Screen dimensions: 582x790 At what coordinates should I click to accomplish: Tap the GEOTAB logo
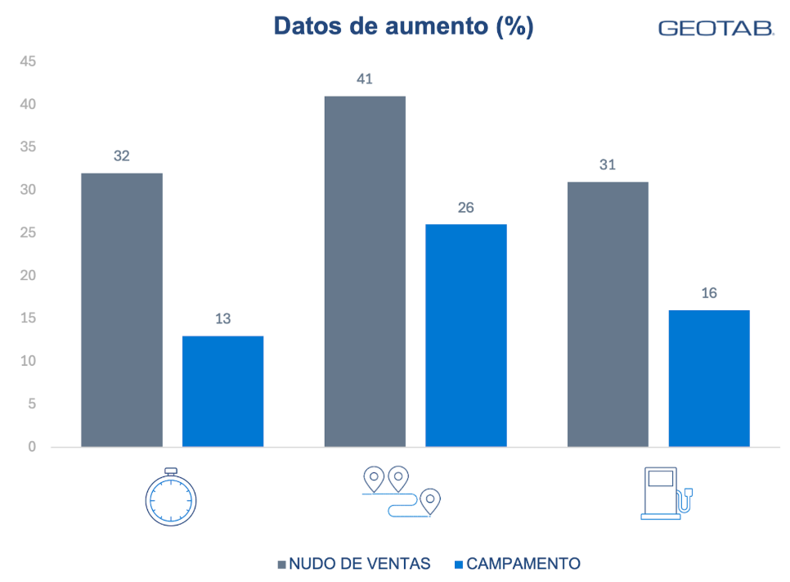click(x=716, y=29)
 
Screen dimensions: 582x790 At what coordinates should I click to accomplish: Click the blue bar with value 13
click(x=222, y=391)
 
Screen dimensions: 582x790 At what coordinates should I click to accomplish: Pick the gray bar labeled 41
click(x=365, y=271)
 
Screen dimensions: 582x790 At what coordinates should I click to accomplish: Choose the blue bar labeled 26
click(x=465, y=336)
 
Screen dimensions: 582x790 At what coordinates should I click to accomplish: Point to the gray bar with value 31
click(x=608, y=314)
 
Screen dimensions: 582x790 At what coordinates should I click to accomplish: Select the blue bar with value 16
click(x=709, y=378)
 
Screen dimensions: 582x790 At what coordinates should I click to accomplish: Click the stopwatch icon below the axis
click(x=171, y=497)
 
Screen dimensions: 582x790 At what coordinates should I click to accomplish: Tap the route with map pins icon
click(x=401, y=491)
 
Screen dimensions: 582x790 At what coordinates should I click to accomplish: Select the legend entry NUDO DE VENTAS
click(x=354, y=564)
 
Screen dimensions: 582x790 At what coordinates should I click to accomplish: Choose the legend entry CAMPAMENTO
click(x=517, y=564)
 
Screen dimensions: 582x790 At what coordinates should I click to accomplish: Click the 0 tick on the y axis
click(x=32, y=447)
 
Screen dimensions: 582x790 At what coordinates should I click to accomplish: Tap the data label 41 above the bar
click(x=365, y=79)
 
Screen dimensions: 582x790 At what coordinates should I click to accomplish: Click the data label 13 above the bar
click(x=222, y=319)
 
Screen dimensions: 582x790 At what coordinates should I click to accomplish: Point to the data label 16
click(x=709, y=293)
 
